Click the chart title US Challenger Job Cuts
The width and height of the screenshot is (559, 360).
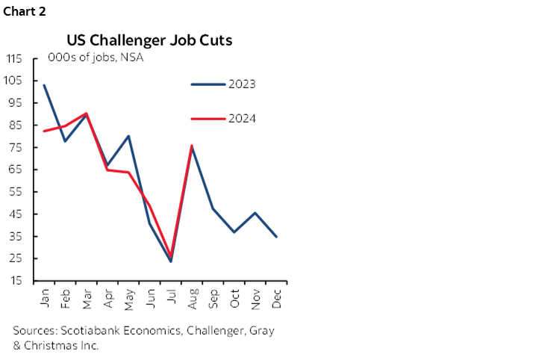pos(149,40)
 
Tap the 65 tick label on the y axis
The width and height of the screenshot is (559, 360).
pos(14,170)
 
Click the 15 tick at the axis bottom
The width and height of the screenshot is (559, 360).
pos(15,281)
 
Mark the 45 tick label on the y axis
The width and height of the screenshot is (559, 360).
pos(14,214)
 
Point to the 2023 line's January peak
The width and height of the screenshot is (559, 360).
pos(45,85)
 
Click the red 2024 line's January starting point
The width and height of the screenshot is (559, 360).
pos(45,131)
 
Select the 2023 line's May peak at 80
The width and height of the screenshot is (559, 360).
pos(129,136)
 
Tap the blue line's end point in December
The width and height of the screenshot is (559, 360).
pos(277,237)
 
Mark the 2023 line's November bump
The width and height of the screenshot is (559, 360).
pos(256,213)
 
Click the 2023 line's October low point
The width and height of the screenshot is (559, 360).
pos(234,232)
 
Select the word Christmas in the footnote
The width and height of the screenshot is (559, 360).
pos(49,345)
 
